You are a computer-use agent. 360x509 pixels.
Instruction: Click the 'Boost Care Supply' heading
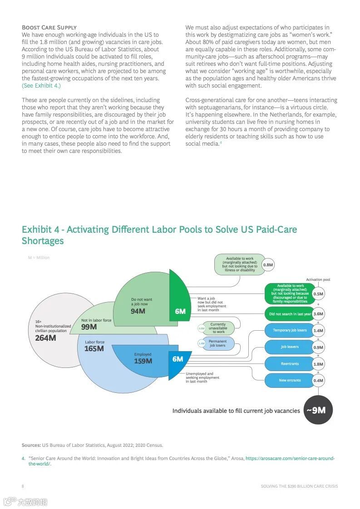click(49, 27)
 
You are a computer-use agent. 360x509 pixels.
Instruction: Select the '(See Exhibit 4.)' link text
click(41, 85)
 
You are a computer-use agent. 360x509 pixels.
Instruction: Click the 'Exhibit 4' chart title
click(159, 235)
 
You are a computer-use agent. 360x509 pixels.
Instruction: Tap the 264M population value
click(45, 338)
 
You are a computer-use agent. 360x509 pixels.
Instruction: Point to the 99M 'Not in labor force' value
click(89, 327)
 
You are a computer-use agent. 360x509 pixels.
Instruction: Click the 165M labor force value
click(94, 348)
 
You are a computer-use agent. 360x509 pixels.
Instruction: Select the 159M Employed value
click(143, 361)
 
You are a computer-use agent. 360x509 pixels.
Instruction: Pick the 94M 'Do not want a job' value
click(138, 311)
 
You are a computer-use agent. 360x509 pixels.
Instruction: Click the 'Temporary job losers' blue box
click(290, 330)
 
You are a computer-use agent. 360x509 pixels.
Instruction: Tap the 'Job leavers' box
click(290, 347)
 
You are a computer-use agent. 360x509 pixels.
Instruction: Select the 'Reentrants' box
click(290, 364)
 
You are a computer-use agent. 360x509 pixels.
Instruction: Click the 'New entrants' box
click(290, 380)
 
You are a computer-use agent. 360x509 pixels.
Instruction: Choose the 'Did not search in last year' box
click(290, 314)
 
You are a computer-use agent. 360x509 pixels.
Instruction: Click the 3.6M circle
click(318, 314)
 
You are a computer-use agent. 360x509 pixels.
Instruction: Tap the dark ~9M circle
click(318, 410)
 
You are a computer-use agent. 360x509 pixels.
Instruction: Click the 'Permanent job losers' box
click(217, 343)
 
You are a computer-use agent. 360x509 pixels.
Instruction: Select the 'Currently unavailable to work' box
click(218, 328)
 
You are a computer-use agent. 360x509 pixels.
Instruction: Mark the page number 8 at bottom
click(23, 486)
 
